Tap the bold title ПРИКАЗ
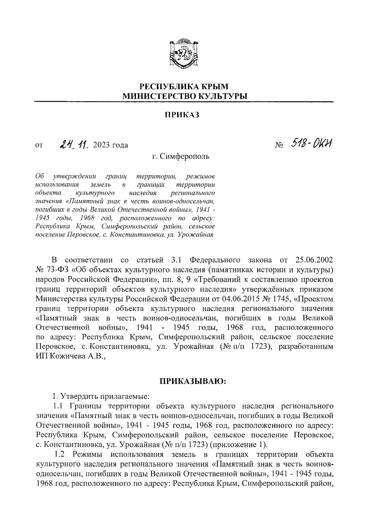[182, 115]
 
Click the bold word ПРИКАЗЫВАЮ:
[192, 381]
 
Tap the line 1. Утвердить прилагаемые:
[101, 397]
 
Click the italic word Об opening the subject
[40, 177]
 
